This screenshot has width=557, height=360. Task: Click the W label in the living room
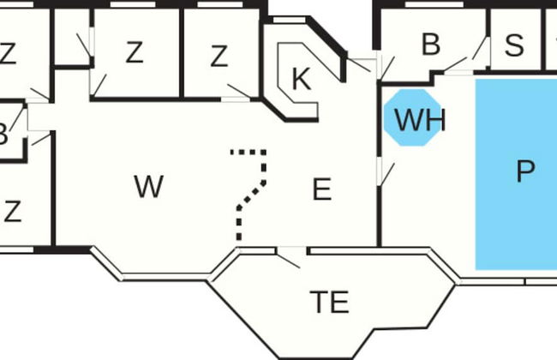point(149,187)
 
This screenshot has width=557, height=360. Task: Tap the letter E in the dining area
point(321,189)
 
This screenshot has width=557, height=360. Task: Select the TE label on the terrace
point(329,302)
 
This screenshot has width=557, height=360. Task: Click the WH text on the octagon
point(419,121)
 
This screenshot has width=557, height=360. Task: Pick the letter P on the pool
point(524,172)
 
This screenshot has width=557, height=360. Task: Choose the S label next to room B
point(514,45)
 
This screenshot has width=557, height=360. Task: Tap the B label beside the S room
point(431,45)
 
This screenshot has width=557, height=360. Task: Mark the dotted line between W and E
point(251,194)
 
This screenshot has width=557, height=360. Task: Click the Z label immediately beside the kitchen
point(219,57)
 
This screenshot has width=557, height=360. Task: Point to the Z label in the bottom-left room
point(12,211)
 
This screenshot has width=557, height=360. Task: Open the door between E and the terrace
point(289,256)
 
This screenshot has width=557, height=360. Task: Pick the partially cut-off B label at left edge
point(3,135)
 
